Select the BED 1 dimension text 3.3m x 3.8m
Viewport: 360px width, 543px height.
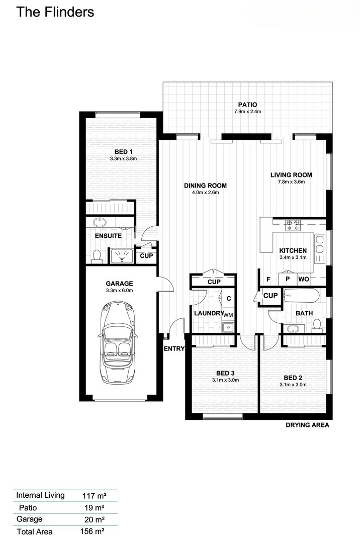click(123, 158)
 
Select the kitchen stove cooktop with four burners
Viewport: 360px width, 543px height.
click(293, 225)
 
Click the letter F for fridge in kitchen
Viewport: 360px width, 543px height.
click(268, 279)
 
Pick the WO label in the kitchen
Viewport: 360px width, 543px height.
click(303, 279)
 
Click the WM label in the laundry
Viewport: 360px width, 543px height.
click(228, 314)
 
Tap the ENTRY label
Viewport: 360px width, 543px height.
click(174, 348)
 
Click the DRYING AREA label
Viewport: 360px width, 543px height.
click(307, 425)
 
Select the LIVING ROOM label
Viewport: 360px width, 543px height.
click(291, 175)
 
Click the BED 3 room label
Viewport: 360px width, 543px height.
click(225, 373)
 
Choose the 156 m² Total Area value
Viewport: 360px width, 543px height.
click(93, 531)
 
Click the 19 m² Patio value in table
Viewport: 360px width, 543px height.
click(93, 508)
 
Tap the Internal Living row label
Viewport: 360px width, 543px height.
click(40, 495)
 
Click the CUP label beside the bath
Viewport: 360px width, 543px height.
click(271, 296)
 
